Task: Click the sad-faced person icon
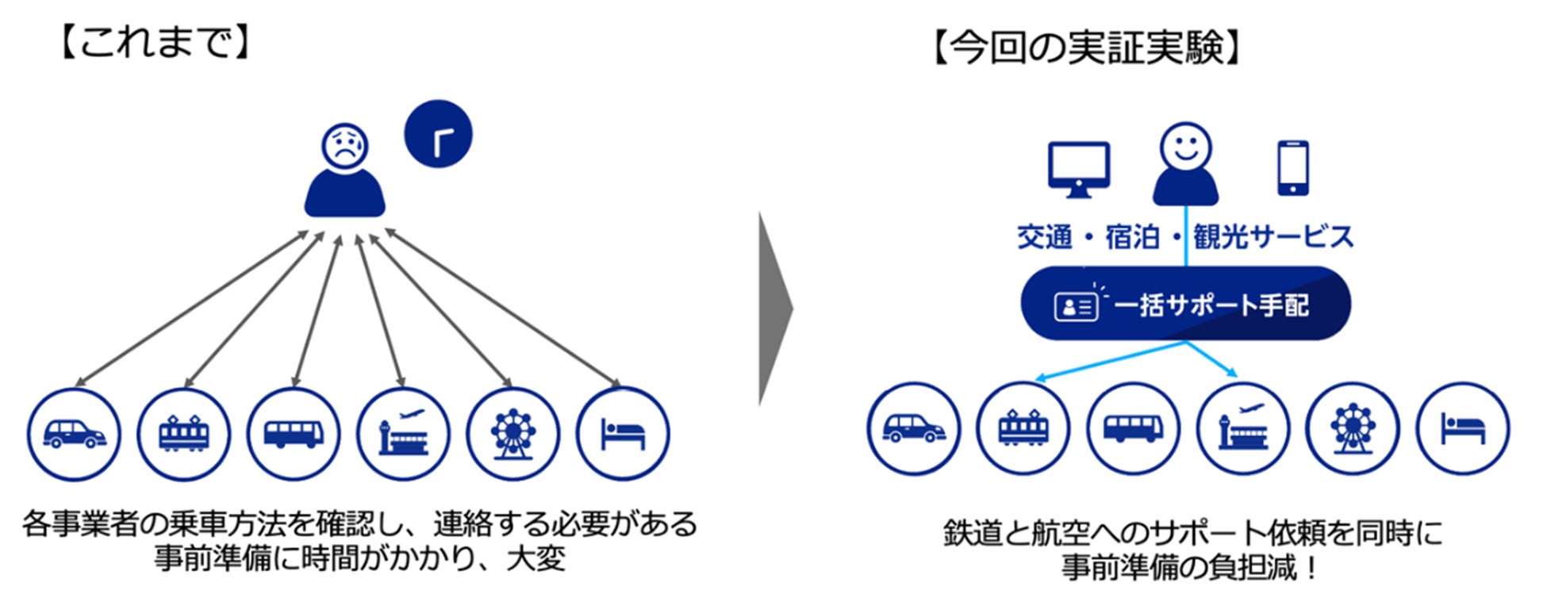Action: (x=344, y=171)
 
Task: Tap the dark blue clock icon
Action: (x=438, y=133)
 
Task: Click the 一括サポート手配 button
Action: (x=1185, y=305)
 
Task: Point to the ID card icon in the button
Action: (x=1075, y=306)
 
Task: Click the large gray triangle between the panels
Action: (x=774, y=309)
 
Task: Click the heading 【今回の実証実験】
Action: (x=1086, y=48)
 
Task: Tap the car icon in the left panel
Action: (x=74, y=434)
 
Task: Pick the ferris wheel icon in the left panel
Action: (x=512, y=434)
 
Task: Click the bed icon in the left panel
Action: (x=623, y=434)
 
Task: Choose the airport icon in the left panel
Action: (x=403, y=434)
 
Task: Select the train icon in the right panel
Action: (x=1023, y=429)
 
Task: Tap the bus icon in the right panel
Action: (x=1133, y=429)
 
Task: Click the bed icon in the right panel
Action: (x=1463, y=429)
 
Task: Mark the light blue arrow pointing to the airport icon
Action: (x=1212, y=358)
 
